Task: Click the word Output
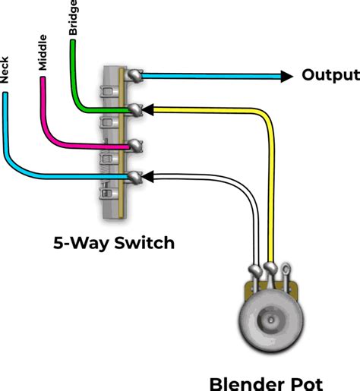coord(330,75)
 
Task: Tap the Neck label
coord(5,70)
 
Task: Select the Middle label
coord(43,52)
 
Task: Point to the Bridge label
coord(73,17)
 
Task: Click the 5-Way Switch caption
coord(114,243)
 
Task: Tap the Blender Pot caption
coord(267,384)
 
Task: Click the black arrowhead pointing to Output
coord(286,76)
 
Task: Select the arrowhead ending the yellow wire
coord(148,109)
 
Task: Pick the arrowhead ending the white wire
coord(148,176)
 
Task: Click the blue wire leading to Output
coord(212,76)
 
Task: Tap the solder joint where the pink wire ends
coord(135,146)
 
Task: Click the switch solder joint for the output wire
coord(135,75)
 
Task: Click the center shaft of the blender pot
coord(271,320)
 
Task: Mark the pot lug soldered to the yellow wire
coord(270,269)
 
